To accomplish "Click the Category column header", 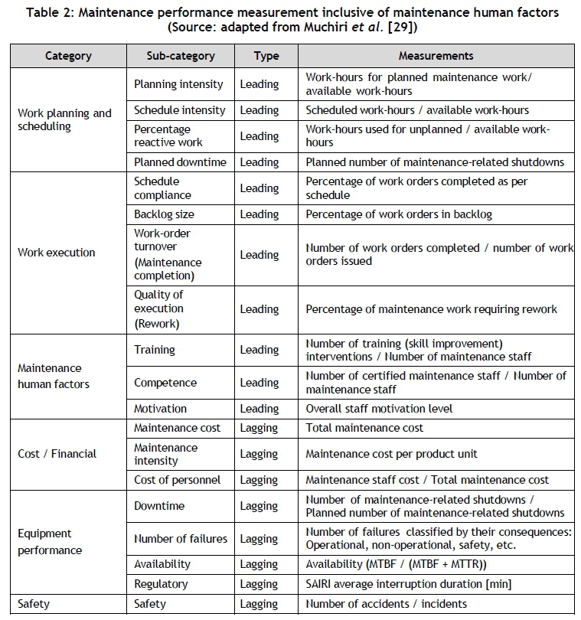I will click(68, 56).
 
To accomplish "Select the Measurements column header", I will click(436, 56).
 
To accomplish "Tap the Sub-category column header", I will click(180, 56).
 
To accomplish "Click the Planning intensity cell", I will click(178, 84).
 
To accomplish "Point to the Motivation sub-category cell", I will click(160, 409).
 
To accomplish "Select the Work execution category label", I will click(57, 253).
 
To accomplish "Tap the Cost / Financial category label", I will click(57, 454).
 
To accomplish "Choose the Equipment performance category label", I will click(50, 541).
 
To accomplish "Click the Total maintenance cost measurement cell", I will click(364, 427).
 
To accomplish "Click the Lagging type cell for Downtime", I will click(259, 506).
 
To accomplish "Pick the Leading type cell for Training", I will click(259, 350).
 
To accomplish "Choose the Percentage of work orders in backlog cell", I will click(399, 214).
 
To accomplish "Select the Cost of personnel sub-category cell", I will click(177, 480).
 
